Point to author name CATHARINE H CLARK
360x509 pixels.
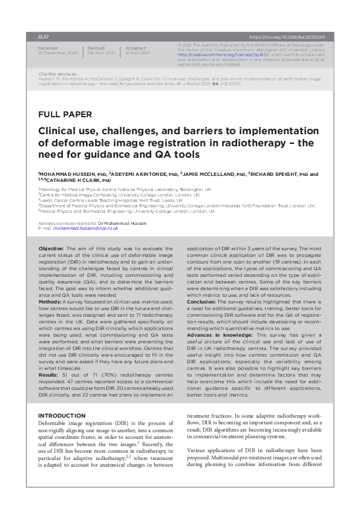(x=76, y=180)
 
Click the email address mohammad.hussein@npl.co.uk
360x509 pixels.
(x=85, y=229)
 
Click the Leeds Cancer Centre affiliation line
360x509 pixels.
(x=97, y=200)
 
